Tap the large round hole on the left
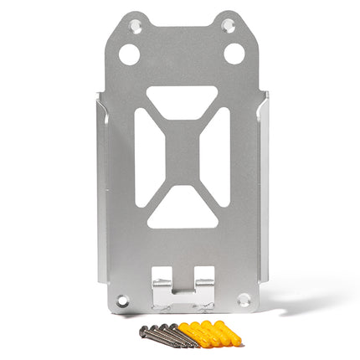click(129, 54)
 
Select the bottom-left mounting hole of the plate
click(123, 297)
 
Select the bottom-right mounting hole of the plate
click(243, 297)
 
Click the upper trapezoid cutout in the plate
click(180, 100)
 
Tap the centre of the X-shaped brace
click(180, 155)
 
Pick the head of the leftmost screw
click(144, 332)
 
